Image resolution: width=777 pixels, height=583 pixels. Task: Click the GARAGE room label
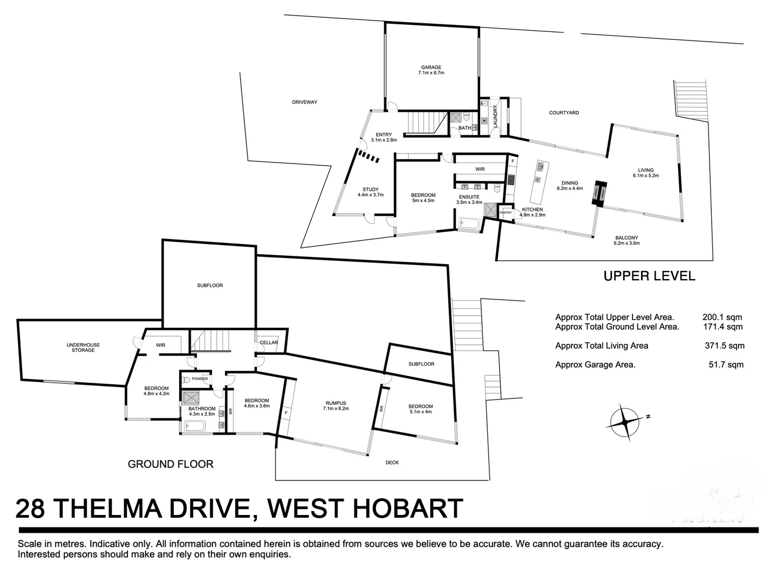pyautogui.click(x=431, y=67)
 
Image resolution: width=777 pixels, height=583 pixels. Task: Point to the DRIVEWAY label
pyautogui.click(x=305, y=102)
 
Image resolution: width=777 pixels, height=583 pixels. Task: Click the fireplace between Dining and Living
pyautogui.click(x=599, y=193)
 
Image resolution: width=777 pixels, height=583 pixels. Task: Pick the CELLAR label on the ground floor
pyautogui.click(x=269, y=342)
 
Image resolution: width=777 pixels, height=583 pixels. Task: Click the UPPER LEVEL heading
pyautogui.click(x=649, y=276)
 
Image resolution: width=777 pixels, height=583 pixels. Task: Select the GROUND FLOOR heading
pyautogui.click(x=171, y=464)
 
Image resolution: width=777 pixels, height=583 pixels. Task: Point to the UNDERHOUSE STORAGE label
pyautogui.click(x=83, y=348)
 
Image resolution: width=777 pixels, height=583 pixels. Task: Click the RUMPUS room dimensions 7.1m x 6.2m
pyautogui.click(x=336, y=409)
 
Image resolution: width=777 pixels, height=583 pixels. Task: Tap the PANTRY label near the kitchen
pyautogui.click(x=506, y=213)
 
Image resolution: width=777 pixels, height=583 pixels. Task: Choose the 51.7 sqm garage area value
pyautogui.click(x=726, y=364)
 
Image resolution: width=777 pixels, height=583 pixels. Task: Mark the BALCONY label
pyautogui.click(x=626, y=238)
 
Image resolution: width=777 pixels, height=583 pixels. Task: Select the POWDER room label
pyautogui.click(x=200, y=378)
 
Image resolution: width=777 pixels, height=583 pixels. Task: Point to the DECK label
pyautogui.click(x=392, y=463)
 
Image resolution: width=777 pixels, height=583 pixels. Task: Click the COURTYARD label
pyautogui.click(x=564, y=113)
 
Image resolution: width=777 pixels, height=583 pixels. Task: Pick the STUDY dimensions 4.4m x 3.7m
pyautogui.click(x=370, y=195)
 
